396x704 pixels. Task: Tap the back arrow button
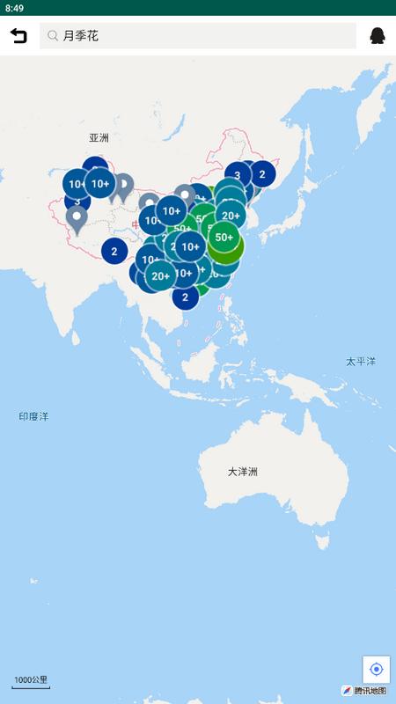(18, 36)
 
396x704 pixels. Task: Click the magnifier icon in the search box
(53, 36)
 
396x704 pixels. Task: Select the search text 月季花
(81, 36)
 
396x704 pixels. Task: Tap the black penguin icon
(377, 36)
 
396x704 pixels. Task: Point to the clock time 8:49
(14, 8)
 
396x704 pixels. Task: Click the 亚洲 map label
(99, 138)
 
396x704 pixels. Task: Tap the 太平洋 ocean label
(361, 362)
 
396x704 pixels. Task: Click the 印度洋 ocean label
(33, 415)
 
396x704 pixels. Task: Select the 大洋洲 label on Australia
(243, 472)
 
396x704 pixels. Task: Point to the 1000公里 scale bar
(31, 682)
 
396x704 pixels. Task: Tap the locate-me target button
(376, 670)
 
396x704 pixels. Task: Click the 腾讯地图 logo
(364, 691)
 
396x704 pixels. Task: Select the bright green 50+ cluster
(224, 238)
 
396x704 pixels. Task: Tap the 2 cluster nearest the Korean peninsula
(261, 174)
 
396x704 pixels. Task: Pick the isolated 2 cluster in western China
(114, 251)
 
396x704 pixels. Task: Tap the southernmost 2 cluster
(185, 297)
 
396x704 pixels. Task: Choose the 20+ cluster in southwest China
(160, 276)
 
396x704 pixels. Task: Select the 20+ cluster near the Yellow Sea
(231, 216)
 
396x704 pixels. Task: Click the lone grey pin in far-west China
(77, 217)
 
